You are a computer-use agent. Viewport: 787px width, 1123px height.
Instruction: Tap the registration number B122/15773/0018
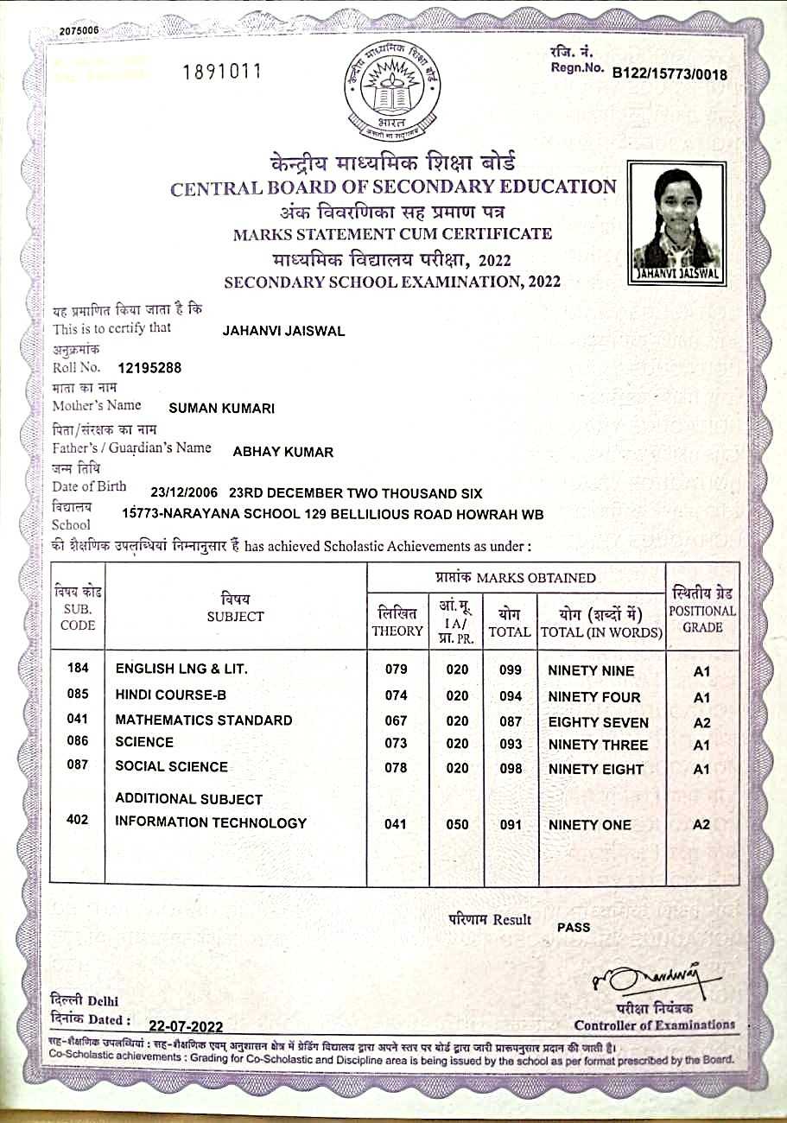670,74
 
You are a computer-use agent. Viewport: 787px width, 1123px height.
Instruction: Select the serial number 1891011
222,72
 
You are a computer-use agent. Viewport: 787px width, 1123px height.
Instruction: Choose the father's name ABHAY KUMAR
283,452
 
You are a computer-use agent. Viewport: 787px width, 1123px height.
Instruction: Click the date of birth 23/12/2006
185,493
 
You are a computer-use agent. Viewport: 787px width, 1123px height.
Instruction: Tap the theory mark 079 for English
395,670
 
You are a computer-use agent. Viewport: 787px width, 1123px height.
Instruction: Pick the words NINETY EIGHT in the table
596,769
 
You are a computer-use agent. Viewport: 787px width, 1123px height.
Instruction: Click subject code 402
78,820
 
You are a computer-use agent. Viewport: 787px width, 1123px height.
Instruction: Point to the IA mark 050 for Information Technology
457,825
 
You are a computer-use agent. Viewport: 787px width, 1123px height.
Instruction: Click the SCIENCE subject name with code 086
144,742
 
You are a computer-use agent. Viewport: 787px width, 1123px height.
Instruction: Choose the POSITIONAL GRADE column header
702,611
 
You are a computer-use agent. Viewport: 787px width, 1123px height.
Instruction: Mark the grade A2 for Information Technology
701,825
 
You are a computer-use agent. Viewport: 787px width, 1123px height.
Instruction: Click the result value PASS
574,927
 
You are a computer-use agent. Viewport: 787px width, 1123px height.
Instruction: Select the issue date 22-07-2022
186,1026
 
